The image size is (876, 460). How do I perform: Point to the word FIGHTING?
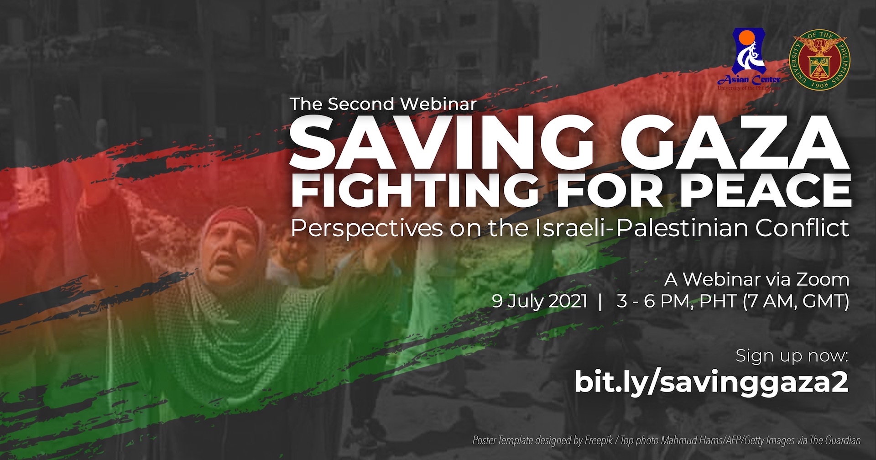[415, 189]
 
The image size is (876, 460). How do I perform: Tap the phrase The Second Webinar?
[383, 104]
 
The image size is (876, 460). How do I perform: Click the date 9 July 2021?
[540, 302]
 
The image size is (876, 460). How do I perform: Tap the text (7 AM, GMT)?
[796, 302]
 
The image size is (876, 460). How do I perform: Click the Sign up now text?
[792, 355]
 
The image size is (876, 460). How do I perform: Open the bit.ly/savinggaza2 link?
[711, 382]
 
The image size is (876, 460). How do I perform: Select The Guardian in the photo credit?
[835, 440]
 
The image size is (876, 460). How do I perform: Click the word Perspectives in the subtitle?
[367, 229]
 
